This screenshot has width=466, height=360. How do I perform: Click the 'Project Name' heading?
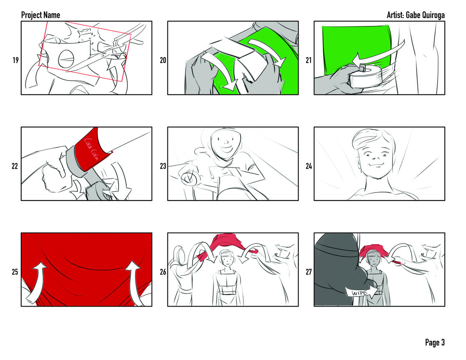coord(41,15)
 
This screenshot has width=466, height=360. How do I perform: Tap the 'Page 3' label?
coord(435,342)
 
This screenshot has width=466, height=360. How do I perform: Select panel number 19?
coord(15,60)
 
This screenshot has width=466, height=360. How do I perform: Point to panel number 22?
coord(15,166)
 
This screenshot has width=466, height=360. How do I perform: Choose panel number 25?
coord(15,272)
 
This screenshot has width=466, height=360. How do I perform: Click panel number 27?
coord(309,272)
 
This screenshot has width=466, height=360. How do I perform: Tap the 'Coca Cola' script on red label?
coord(91,149)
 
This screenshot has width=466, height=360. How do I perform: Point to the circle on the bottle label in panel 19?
coord(66,59)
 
